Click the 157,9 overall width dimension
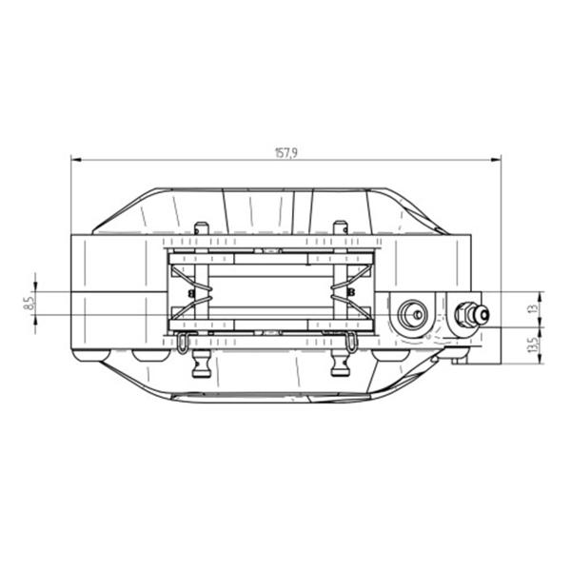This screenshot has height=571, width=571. (285, 153)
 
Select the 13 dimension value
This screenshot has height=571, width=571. (534, 308)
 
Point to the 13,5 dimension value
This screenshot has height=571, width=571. (534, 345)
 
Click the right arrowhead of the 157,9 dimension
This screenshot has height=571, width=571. (496, 159)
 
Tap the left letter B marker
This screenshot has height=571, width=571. (191, 292)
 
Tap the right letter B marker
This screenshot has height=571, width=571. (351, 292)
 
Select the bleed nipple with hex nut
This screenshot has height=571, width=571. (472, 315)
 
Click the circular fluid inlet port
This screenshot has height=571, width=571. (413, 314)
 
